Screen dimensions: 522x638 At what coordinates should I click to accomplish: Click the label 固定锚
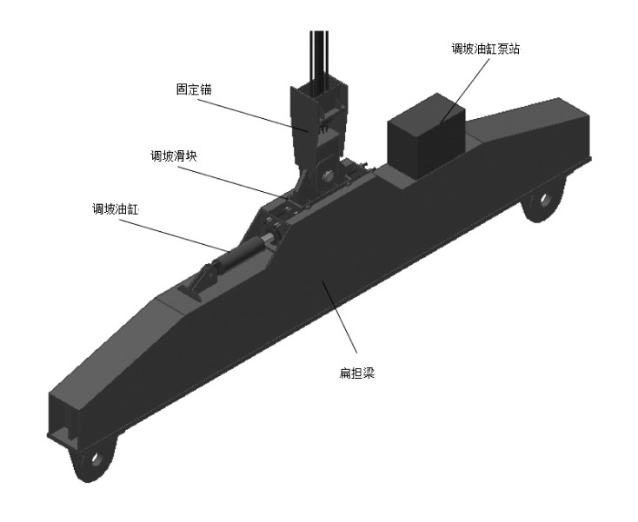(x=193, y=89)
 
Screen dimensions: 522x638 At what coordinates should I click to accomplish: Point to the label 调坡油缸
(x=114, y=209)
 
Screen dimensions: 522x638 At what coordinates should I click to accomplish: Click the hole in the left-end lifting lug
(x=96, y=457)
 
